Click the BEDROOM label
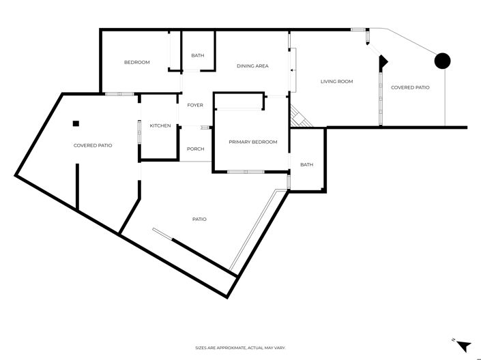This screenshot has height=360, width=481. click(x=136, y=63)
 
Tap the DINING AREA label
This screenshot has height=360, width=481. click(x=252, y=66)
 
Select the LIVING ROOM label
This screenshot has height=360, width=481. click(x=336, y=82)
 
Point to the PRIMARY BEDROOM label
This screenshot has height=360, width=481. click(x=253, y=142)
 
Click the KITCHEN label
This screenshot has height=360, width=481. click(x=160, y=125)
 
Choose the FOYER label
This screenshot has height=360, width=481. click(x=195, y=106)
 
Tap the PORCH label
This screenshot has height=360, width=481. click(x=195, y=149)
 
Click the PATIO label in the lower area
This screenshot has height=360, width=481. click(x=199, y=219)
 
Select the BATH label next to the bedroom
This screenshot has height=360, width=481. click(x=197, y=56)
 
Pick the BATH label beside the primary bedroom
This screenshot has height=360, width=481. click(x=306, y=164)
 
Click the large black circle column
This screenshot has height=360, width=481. click(x=443, y=61)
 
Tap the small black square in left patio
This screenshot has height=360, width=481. click(x=76, y=123)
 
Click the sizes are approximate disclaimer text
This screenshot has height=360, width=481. click(x=240, y=348)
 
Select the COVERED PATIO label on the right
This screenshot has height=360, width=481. click(x=410, y=87)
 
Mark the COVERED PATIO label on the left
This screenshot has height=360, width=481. click(x=93, y=145)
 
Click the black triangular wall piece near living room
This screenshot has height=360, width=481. click(x=383, y=61)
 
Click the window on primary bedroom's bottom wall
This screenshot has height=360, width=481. click(x=246, y=171)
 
